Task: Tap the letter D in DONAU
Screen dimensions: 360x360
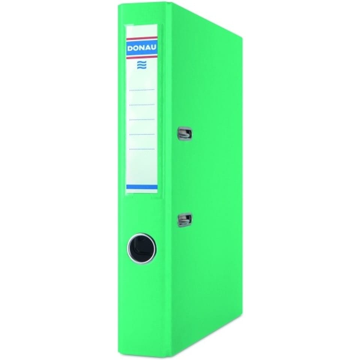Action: (130, 48)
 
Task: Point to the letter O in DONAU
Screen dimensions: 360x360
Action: (136, 48)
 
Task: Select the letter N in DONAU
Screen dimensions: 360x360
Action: (142, 48)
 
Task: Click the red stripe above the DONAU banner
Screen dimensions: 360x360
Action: (142, 38)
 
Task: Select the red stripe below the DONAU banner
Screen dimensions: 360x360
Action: (142, 57)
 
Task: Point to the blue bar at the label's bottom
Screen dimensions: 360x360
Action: (142, 187)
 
